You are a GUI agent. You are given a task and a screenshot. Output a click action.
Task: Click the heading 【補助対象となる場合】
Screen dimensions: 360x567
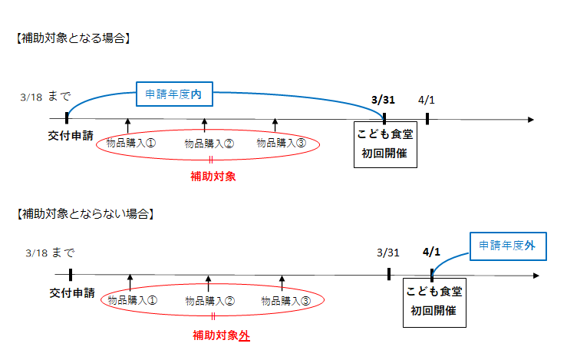click(x=71, y=38)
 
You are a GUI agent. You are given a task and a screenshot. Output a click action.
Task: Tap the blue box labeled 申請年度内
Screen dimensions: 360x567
click(x=173, y=94)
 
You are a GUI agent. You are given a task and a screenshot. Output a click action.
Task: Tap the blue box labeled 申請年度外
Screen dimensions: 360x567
click(x=507, y=246)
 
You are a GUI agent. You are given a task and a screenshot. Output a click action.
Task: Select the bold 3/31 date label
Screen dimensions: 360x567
click(x=384, y=100)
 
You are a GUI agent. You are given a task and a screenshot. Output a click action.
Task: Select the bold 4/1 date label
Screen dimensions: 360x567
click(x=431, y=252)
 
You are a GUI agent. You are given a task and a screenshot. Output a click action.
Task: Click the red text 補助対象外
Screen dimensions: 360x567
click(x=221, y=335)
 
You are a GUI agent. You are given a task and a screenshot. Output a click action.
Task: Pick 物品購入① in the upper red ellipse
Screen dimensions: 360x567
click(x=131, y=143)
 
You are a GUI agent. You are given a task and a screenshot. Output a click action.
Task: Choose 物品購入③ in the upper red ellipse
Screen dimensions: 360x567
click(x=281, y=143)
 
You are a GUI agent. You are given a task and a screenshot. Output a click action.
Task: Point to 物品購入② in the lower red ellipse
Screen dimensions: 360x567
click(x=209, y=300)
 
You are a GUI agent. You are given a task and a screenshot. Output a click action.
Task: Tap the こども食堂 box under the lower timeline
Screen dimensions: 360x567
click(x=434, y=301)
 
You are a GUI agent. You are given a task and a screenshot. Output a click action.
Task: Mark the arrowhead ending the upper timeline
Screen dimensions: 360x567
click(x=529, y=119)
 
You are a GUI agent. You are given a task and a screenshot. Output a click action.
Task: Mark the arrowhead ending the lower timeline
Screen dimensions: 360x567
click(x=541, y=276)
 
